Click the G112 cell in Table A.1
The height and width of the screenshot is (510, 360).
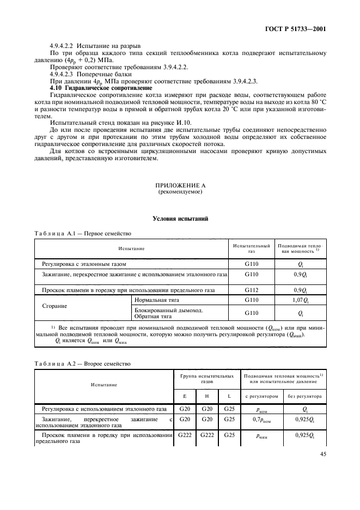tap(251, 290)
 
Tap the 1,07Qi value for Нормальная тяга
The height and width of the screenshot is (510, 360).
tap(301, 300)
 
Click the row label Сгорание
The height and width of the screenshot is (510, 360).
tap(54, 306)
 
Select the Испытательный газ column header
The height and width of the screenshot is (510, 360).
tap(251, 249)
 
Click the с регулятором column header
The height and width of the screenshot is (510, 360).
tap(262, 396)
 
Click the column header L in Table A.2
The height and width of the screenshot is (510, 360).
tap(228, 396)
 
